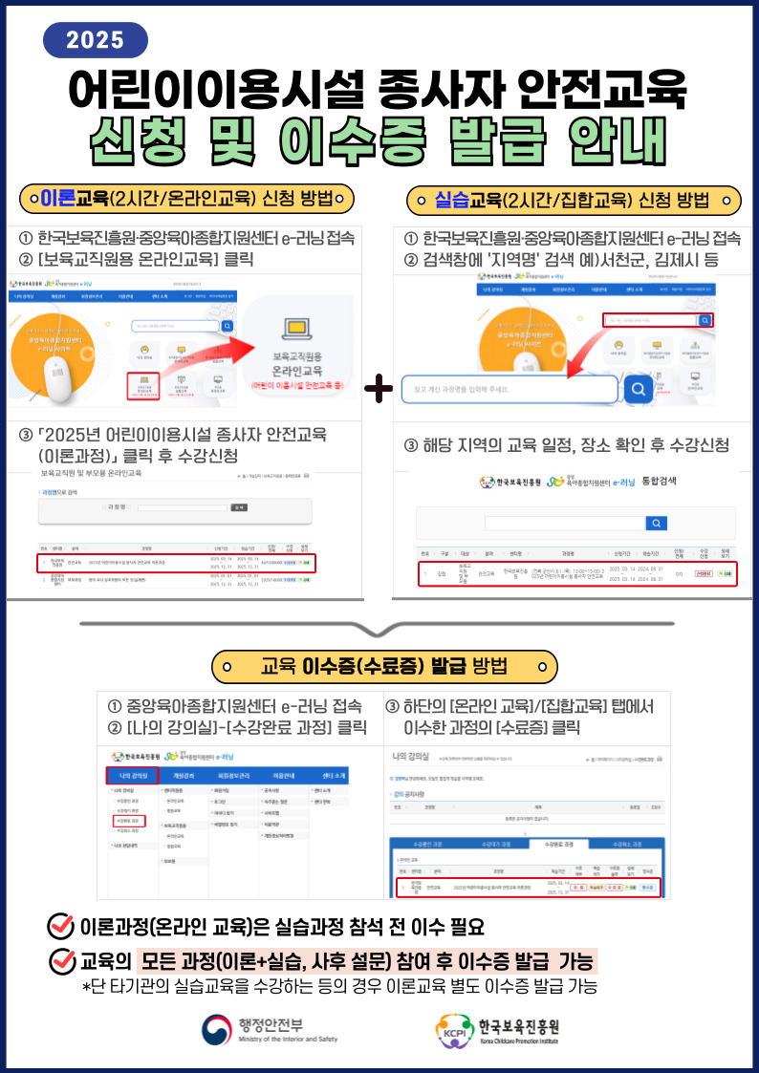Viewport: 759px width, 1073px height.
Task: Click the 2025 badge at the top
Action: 96,39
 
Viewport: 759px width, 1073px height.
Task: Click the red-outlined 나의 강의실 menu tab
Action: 131,773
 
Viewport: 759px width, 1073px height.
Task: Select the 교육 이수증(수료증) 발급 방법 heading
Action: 383,665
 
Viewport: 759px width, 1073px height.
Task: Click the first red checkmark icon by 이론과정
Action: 61,926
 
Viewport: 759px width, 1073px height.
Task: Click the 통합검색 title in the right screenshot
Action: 658,481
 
